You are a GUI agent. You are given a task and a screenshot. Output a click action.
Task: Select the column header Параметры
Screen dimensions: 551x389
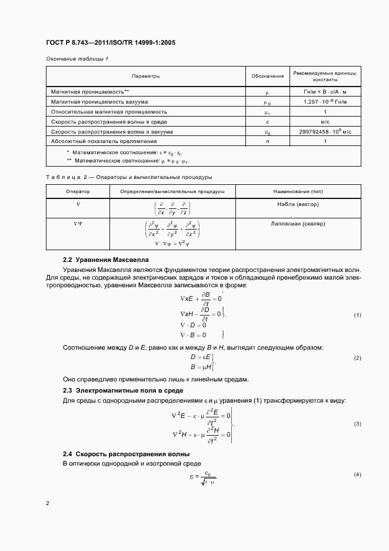(x=145, y=76)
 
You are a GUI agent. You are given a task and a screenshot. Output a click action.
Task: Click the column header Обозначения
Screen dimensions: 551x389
(x=267, y=76)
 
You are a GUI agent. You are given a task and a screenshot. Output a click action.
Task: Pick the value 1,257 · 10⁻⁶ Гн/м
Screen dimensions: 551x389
(x=325, y=102)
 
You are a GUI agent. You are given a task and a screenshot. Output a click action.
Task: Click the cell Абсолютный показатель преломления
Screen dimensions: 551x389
(x=101, y=141)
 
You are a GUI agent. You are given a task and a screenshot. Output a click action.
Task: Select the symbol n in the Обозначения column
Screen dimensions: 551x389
(x=267, y=141)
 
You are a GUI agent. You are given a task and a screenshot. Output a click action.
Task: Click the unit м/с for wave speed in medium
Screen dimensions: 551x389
(x=325, y=121)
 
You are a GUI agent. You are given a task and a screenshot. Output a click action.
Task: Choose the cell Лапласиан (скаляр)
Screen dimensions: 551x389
(x=298, y=224)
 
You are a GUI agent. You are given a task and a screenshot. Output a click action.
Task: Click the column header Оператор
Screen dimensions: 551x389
(x=78, y=192)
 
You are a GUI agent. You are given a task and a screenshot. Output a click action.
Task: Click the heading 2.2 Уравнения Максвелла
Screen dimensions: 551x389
(x=106, y=260)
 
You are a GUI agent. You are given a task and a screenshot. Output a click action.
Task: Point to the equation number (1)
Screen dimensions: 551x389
(x=357, y=316)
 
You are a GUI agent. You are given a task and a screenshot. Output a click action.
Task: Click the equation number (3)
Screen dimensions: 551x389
(x=357, y=424)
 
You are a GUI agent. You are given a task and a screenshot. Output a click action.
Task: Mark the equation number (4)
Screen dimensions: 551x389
(x=357, y=474)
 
